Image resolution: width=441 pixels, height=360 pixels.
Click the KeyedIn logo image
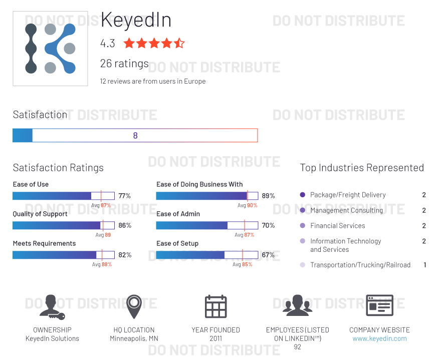pos(50,49)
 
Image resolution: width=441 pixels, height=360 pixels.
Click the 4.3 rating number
pos(107,44)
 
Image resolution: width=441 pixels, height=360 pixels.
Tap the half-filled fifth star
pos(179,44)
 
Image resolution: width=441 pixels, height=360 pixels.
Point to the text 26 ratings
pos(124,64)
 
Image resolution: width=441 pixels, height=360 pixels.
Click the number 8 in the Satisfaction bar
pos(135,136)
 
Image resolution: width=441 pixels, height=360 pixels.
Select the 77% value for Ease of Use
pos(125,196)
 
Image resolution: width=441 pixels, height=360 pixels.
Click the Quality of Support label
pos(40,214)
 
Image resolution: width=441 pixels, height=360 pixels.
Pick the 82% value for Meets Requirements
pos(125,255)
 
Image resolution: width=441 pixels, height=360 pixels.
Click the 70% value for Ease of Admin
pos(268,225)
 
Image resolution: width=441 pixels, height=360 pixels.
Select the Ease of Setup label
pos(177,243)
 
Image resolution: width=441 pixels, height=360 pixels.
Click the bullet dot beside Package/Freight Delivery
pos(302,195)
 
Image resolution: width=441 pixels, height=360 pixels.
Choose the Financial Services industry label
pos(337,226)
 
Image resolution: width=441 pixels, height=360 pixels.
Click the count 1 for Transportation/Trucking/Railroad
pos(425,265)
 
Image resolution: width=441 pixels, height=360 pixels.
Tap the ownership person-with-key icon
pos(52,306)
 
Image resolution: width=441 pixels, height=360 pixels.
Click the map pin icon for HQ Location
pos(133,306)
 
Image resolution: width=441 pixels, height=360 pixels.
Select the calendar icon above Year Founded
pos(216,306)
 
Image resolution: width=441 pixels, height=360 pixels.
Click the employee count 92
pos(298,347)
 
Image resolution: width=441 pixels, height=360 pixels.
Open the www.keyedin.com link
pos(379,338)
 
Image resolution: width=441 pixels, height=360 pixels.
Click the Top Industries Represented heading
pos(362,168)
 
